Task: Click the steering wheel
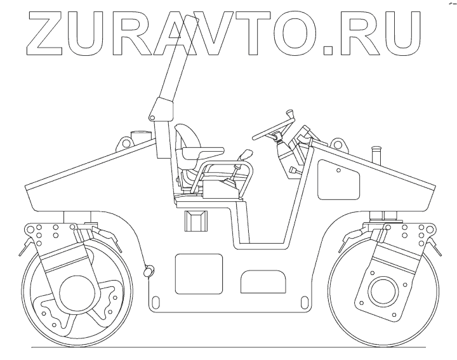coord(273,127)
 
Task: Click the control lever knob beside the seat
coord(246,155)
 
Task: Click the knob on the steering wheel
coord(292,114)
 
